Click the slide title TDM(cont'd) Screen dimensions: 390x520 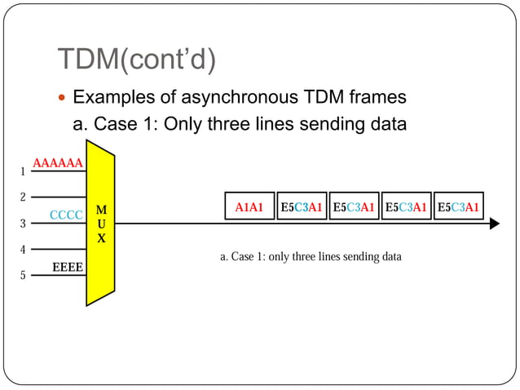pos(138,59)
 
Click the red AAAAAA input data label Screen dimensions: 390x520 pos(57,163)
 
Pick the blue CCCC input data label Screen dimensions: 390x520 pos(66,215)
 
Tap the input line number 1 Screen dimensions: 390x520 pos(23,172)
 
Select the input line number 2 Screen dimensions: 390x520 pos(23,197)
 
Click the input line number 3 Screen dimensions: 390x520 pos(23,224)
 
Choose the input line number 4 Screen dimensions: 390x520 pos(23,250)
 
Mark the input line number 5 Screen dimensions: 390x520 pos(23,276)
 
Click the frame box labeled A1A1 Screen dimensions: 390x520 pos(249,207)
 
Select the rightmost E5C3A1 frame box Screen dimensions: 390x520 pos(458,207)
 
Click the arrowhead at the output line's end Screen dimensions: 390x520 pos(494,224)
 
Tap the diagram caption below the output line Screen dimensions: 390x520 pos(311,257)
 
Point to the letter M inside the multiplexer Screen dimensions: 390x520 pos(101,211)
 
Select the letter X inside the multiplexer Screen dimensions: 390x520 pos(101,239)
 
